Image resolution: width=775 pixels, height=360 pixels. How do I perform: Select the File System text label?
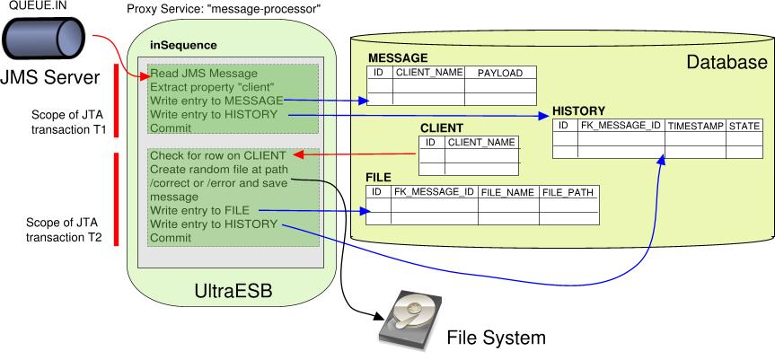click(496, 338)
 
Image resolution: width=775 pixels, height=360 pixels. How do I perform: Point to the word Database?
click(726, 63)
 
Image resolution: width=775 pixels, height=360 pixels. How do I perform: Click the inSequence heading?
click(183, 45)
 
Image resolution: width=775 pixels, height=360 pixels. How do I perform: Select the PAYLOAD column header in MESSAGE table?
click(499, 73)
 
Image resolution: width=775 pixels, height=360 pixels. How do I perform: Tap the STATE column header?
click(744, 127)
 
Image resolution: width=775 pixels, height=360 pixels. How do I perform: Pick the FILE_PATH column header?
click(568, 192)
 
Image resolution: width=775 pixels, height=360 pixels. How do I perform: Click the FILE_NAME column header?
click(507, 192)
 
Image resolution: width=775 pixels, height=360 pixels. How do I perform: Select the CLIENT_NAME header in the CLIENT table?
click(481, 142)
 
